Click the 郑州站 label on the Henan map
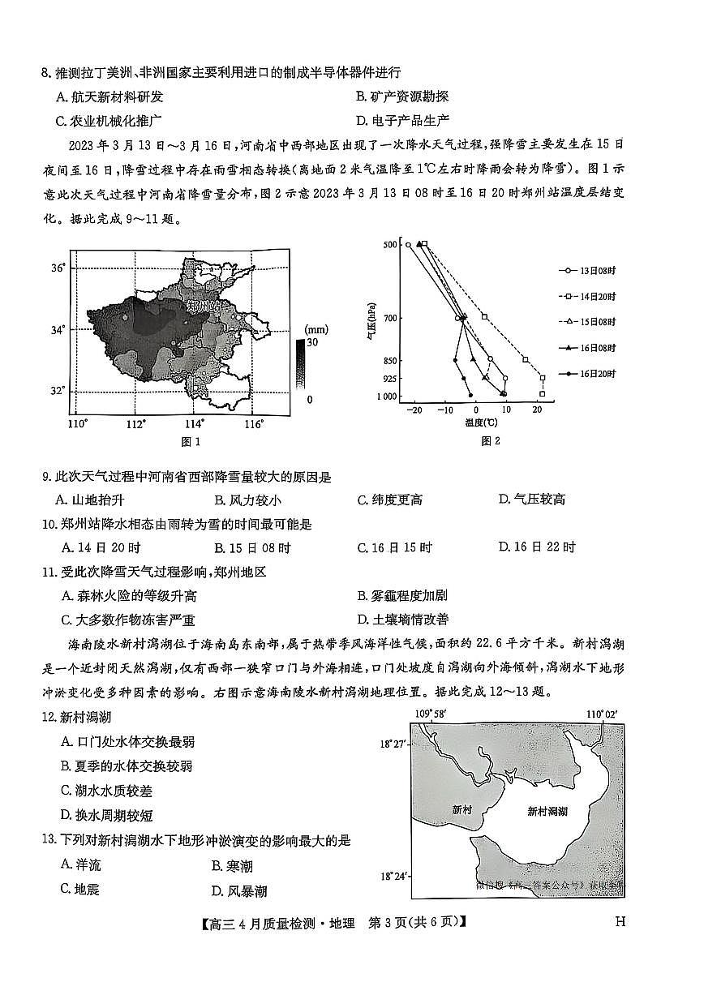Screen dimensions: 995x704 tap(204, 307)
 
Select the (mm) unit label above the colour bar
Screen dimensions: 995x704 tap(315, 329)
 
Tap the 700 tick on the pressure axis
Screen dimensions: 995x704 tap(389, 318)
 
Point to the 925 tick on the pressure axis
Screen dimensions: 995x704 tap(389, 379)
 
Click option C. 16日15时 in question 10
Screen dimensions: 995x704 tap(395, 547)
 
